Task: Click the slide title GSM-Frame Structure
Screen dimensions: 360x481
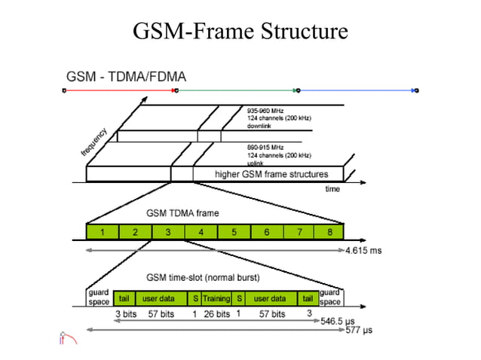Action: point(240,32)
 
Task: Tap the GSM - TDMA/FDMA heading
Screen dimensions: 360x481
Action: point(126,77)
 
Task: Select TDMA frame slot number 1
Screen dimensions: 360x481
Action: point(103,232)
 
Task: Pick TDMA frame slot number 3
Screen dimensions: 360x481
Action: point(168,232)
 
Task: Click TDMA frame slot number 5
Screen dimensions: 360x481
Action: point(234,232)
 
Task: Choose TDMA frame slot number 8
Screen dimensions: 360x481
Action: point(329,232)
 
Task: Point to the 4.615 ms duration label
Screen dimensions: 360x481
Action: point(363,250)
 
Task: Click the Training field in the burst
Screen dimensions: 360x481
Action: point(216,299)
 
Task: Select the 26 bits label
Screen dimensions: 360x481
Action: point(217,313)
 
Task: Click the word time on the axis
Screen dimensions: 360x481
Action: point(332,189)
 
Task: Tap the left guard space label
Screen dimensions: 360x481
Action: point(99,296)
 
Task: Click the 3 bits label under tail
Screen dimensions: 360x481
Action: point(125,313)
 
